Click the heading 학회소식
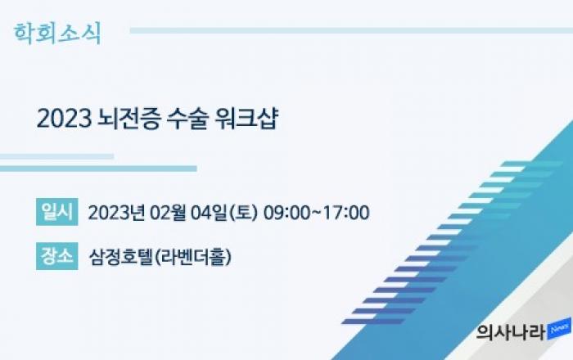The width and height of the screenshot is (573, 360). (57, 34)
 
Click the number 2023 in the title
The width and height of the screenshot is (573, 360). (64, 119)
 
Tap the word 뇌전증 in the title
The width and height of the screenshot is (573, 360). (129, 119)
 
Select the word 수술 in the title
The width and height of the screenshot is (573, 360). (187, 119)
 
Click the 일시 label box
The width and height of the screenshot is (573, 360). (57, 212)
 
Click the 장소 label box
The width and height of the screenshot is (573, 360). (57, 256)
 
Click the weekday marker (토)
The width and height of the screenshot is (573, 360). (243, 213)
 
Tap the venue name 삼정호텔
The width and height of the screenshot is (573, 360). (121, 257)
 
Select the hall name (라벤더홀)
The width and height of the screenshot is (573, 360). (193, 257)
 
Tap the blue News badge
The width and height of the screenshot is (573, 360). (559, 329)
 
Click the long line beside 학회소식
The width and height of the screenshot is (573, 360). (351, 30)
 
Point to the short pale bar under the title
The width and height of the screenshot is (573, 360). (56, 156)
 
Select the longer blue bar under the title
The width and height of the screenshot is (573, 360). (98, 169)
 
